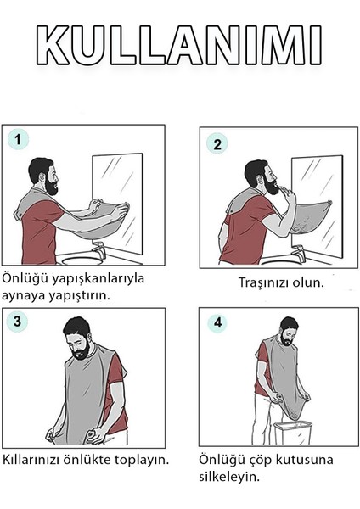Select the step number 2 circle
click(217, 143)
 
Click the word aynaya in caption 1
click(25, 295)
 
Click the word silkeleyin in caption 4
click(229, 477)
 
